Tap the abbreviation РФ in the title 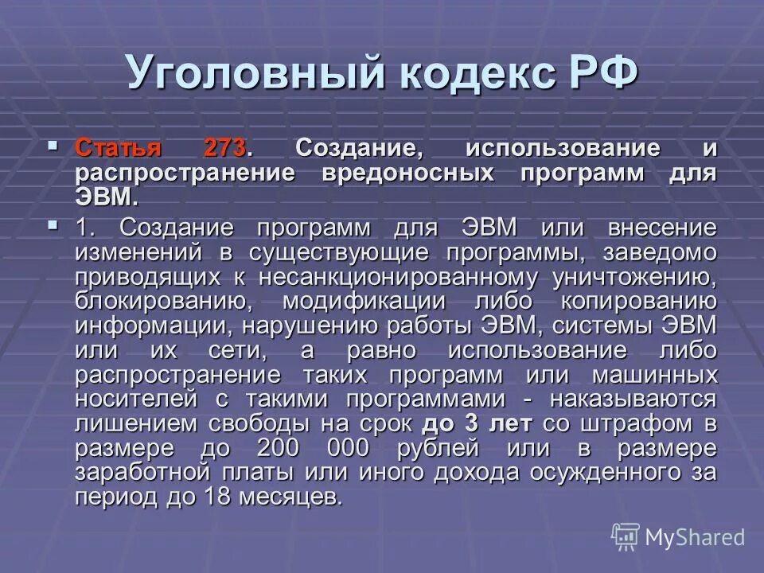pyautogui.click(x=603, y=74)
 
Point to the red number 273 pyautogui.click(x=226, y=149)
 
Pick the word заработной pyautogui.click(x=143, y=473)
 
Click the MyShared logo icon pyautogui.click(x=625, y=537)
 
